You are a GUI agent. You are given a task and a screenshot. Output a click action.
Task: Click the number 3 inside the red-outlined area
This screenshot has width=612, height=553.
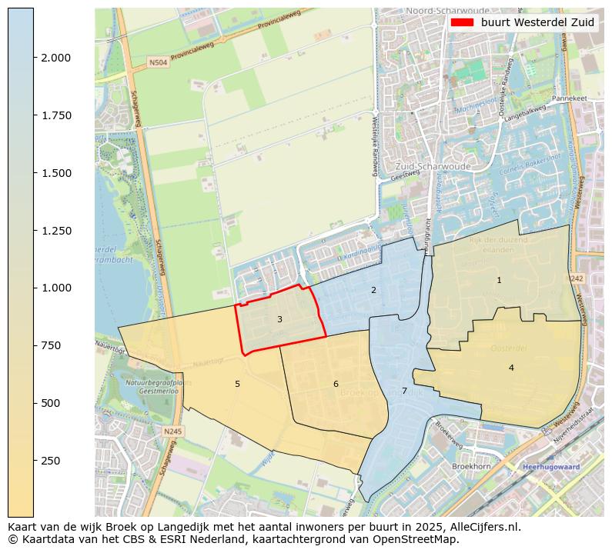coord(279,319)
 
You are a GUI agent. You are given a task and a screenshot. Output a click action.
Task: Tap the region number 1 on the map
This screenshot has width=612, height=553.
coord(499,281)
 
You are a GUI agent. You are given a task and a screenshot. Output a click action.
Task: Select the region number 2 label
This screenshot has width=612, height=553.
coord(373,290)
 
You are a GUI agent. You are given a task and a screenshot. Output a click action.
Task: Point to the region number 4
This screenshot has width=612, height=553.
coord(511,368)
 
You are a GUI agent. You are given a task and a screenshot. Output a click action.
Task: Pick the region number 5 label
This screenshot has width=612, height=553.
coord(237,384)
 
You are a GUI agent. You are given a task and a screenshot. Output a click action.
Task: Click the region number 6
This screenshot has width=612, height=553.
coord(336,384)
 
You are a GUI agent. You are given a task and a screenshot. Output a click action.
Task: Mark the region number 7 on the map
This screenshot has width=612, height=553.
coord(404,391)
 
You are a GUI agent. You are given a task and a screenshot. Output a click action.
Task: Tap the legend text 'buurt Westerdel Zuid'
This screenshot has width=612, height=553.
coord(537,22)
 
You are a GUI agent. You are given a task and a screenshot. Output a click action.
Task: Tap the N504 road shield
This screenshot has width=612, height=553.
coord(157,61)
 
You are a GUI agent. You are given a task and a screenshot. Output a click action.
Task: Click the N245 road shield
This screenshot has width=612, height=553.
coord(172,432)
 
